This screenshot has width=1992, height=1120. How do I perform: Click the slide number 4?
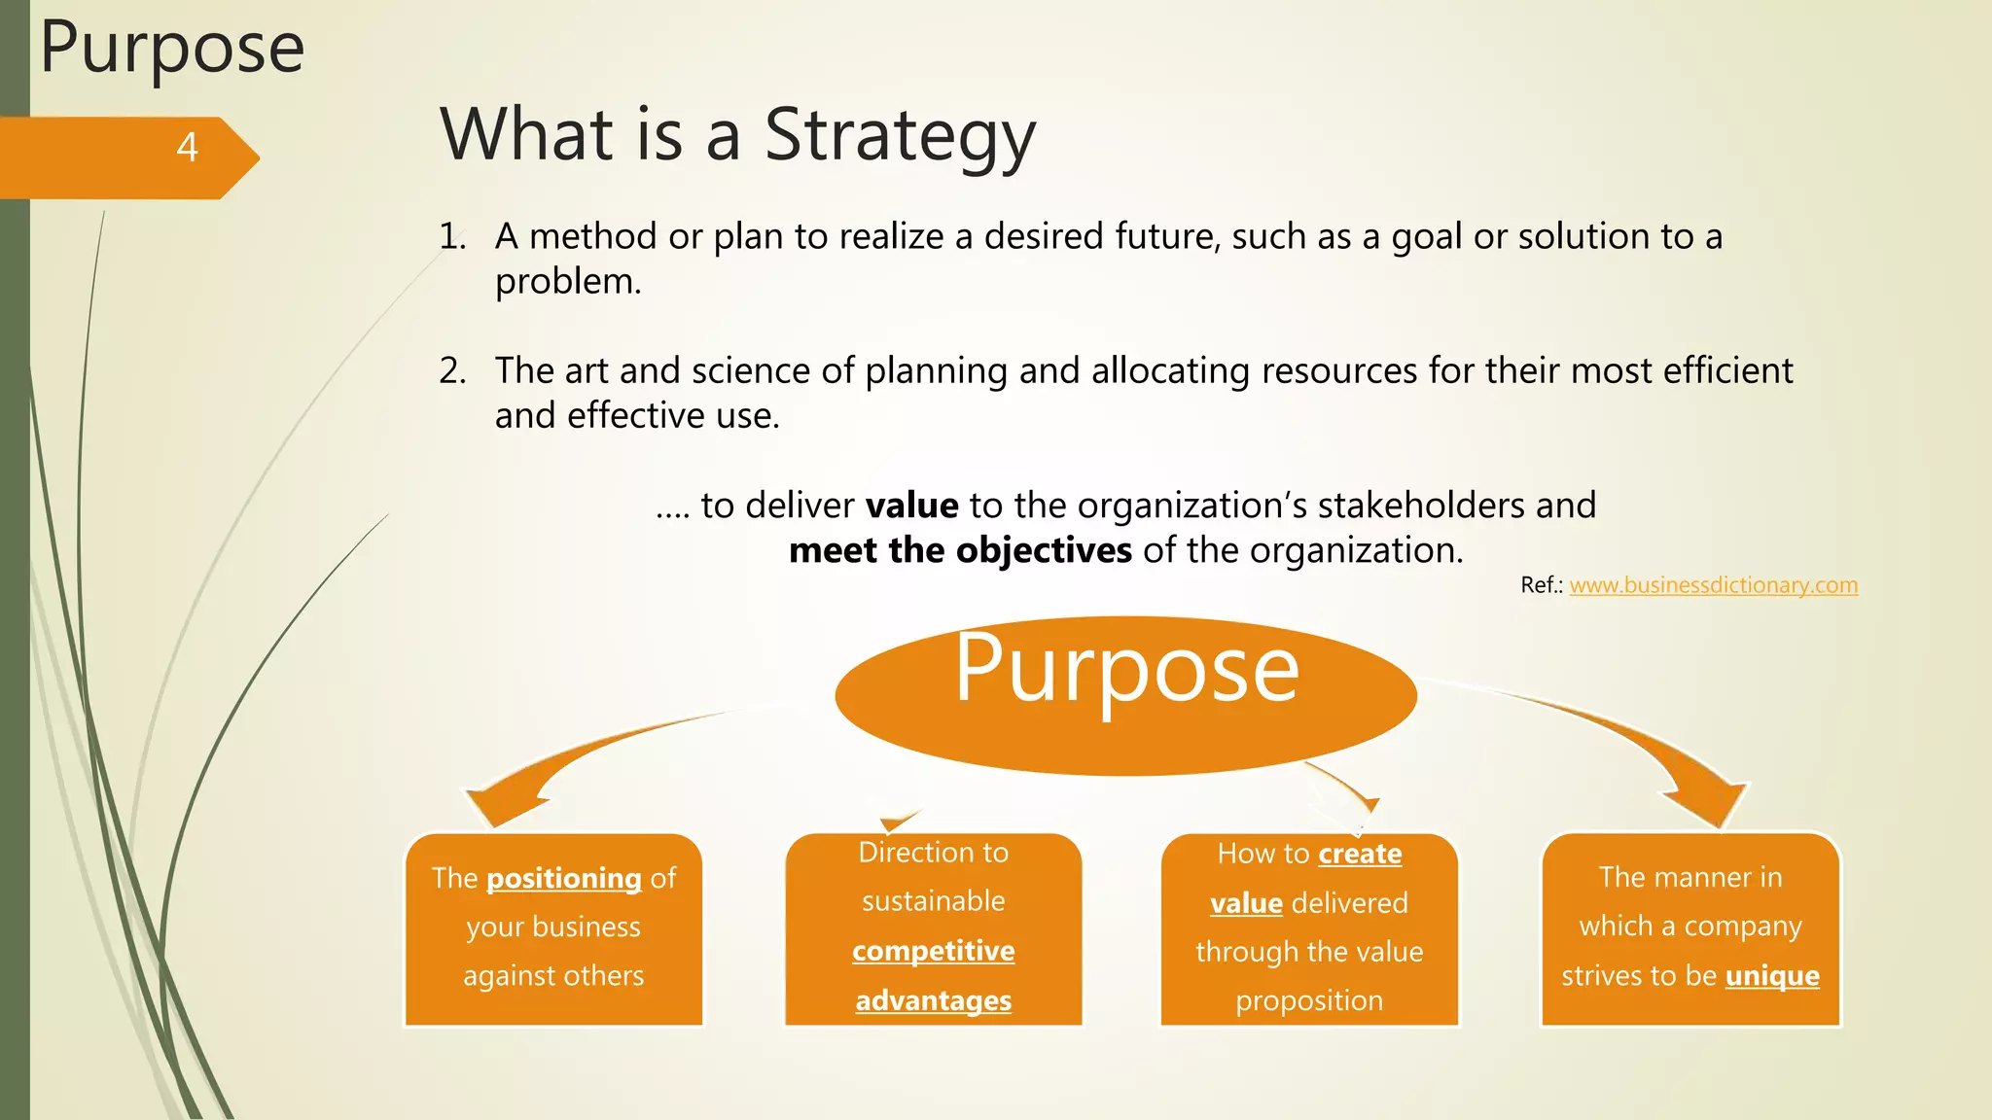click(188, 148)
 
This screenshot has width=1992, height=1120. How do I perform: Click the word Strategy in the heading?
click(900, 136)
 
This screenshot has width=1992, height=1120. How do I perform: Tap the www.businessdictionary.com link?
click(1713, 585)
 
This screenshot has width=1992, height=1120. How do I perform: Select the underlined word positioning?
click(563, 879)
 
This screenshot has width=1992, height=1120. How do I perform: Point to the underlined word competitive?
click(933, 951)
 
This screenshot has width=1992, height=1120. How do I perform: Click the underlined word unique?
click(1771, 976)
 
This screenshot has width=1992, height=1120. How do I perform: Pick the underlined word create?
click(1359, 854)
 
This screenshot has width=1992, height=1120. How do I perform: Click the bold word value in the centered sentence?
click(911, 506)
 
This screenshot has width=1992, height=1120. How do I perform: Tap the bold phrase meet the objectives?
click(960, 551)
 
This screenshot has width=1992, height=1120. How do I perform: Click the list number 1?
click(452, 237)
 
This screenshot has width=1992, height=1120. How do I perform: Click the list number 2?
click(452, 371)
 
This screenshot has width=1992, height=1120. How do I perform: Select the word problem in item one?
click(567, 282)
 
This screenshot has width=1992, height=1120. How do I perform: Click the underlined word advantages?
click(933, 1000)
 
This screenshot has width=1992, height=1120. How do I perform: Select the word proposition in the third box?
click(1308, 1000)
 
